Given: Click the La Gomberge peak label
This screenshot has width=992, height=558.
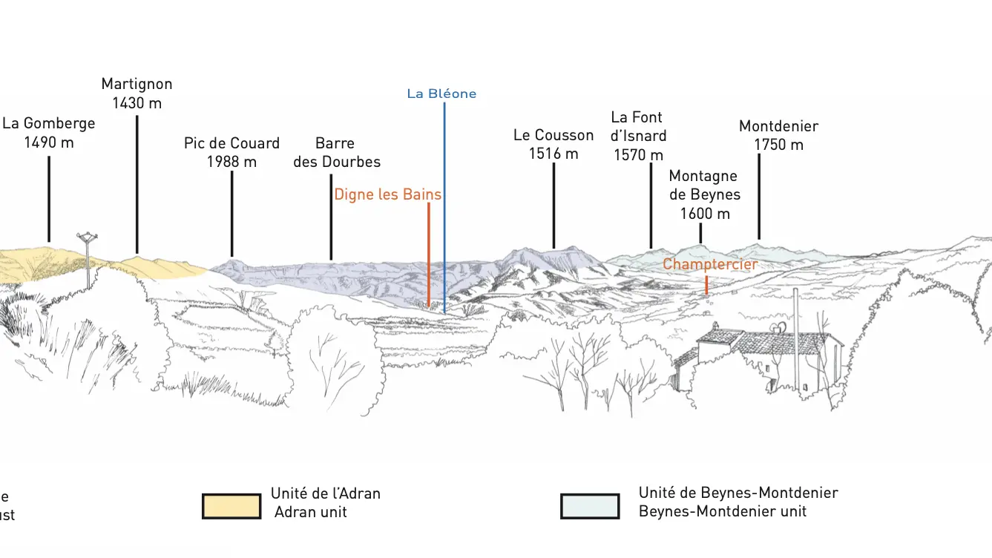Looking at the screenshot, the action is (49, 132).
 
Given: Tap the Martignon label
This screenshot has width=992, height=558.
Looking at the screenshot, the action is (137, 93).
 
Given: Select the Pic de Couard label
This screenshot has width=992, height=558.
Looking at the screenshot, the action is (231, 152).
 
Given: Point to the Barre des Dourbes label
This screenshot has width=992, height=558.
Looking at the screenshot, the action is (337, 152).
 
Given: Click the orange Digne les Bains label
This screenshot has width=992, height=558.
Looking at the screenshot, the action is (387, 194).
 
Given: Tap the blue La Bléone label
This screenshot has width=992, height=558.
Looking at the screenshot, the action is (441, 93).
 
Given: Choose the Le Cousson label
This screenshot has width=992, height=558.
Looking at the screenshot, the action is (554, 144).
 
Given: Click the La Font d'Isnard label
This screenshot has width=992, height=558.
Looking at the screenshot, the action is (638, 136).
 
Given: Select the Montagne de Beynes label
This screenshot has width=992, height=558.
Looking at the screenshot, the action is (704, 195).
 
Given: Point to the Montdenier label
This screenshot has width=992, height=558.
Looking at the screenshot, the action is (778, 135).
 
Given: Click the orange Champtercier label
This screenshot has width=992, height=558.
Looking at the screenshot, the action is (710, 264).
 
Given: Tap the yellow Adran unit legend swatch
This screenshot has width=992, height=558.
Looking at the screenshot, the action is (231, 506).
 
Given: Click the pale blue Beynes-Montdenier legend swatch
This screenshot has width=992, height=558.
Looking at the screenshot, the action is (590, 506).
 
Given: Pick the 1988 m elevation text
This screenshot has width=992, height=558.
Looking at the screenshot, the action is (231, 162).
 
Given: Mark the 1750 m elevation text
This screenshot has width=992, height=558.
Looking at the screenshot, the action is (778, 145).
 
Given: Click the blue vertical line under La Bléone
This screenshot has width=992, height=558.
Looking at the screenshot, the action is (444, 208).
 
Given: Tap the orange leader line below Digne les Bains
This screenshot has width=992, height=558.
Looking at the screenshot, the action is (429, 255).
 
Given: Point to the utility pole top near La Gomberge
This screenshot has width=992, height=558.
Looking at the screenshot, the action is (88, 237).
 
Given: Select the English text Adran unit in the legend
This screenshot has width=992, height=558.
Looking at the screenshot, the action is (310, 512).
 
